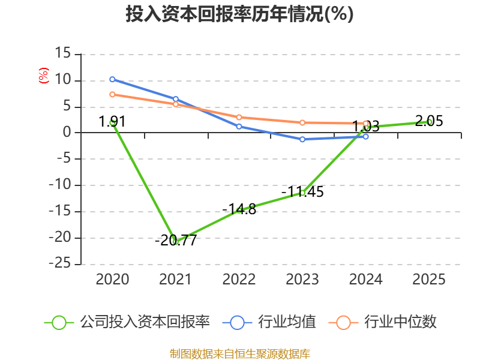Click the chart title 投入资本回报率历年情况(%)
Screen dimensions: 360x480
click(x=239, y=14)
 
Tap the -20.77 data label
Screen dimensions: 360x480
click(x=175, y=241)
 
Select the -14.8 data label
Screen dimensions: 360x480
click(x=239, y=209)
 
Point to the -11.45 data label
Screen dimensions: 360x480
click(x=302, y=192)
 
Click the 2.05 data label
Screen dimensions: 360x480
click(x=429, y=121)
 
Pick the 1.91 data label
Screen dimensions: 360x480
click(x=112, y=122)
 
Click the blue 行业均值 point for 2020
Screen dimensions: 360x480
click(x=112, y=79)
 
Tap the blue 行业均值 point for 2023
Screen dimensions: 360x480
click(x=302, y=139)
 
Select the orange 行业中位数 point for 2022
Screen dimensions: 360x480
click(x=239, y=118)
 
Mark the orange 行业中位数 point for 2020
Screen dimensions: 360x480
click(x=112, y=94)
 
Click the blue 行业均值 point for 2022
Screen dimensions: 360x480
click(x=239, y=127)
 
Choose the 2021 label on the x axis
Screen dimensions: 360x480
click(x=175, y=279)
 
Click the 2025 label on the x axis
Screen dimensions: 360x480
click(x=429, y=279)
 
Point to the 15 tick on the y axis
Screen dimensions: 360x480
click(x=63, y=54)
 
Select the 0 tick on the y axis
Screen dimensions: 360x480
click(x=67, y=133)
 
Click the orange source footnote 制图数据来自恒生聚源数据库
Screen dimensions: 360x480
click(x=239, y=353)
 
